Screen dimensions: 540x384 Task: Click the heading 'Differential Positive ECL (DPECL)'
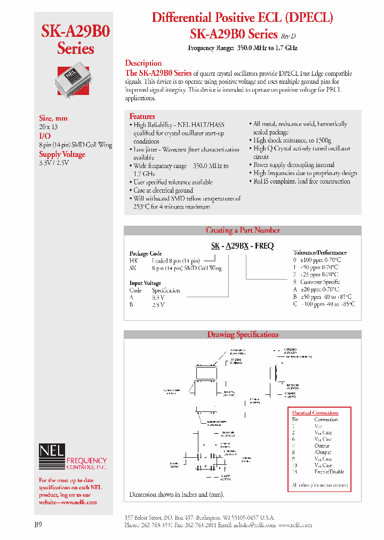(x=243, y=17)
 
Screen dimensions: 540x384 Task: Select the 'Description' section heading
(x=143, y=63)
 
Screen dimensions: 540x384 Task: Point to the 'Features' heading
(x=142, y=116)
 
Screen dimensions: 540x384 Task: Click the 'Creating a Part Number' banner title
(x=243, y=231)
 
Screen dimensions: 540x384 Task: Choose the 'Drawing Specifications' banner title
(x=243, y=335)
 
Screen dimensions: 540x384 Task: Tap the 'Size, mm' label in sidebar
(x=53, y=118)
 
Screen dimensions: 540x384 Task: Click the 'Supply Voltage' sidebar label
(x=62, y=154)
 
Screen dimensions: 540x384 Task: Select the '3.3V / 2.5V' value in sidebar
(x=54, y=162)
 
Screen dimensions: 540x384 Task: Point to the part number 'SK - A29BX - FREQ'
(x=242, y=245)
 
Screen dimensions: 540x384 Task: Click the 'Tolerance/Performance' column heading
(x=320, y=252)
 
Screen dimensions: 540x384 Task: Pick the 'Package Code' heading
(x=146, y=253)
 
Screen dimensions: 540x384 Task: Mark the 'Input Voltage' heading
(x=145, y=283)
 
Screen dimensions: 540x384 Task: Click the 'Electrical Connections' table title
(x=315, y=412)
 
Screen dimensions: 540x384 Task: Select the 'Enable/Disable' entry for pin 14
(x=329, y=472)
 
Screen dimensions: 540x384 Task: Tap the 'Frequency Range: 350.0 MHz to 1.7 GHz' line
(x=243, y=48)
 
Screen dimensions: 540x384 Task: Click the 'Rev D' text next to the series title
(x=288, y=36)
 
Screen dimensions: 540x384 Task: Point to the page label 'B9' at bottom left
(x=38, y=525)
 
